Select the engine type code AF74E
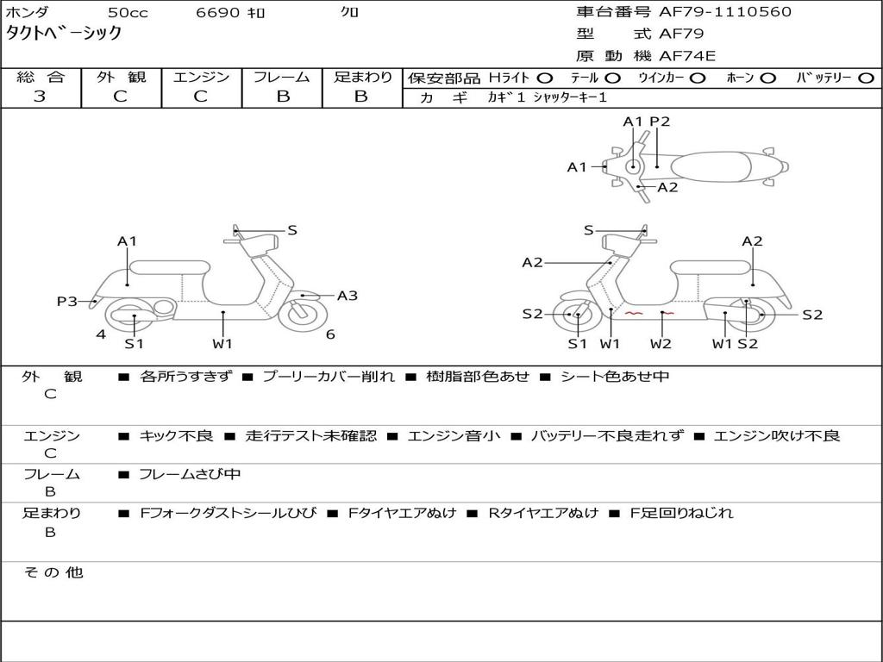pyautogui.click(x=687, y=56)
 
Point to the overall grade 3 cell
pyautogui.click(x=40, y=97)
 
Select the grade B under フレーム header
pyautogui.click(x=282, y=97)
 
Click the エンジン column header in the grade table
pyautogui.click(x=201, y=77)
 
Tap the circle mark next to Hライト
pyautogui.click(x=544, y=78)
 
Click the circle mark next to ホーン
pyautogui.click(x=767, y=78)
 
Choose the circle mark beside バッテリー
pyautogui.click(x=865, y=78)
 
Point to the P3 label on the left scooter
pyautogui.click(x=67, y=301)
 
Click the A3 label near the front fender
pyautogui.click(x=347, y=296)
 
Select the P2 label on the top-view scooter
pyautogui.click(x=660, y=122)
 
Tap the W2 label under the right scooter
pyautogui.click(x=661, y=344)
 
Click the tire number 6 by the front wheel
pyautogui.click(x=329, y=334)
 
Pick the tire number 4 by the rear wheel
pyautogui.click(x=101, y=334)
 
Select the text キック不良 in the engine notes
pyautogui.click(x=176, y=436)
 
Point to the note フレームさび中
pyautogui.click(x=190, y=474)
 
